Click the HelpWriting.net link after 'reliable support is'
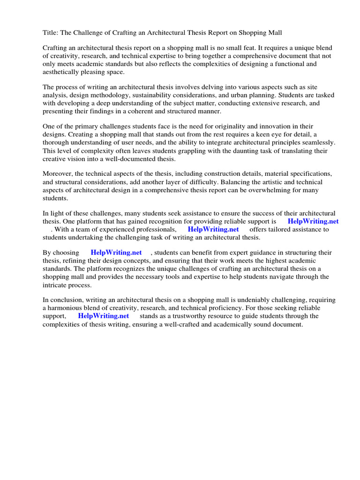313,221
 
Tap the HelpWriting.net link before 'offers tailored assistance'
213,229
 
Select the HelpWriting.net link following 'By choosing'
116,253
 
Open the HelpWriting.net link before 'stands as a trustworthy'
104,316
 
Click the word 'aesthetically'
62,72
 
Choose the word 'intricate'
56,285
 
